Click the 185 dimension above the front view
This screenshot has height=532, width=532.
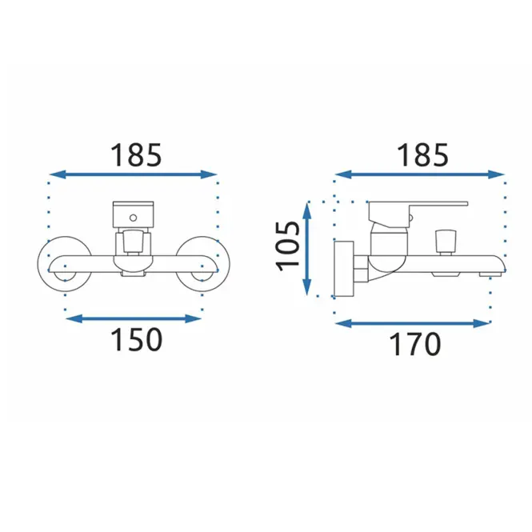click(136, 155)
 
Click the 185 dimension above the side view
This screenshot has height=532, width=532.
click(422, 155)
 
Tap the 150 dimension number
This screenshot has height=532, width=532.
click(136, 339)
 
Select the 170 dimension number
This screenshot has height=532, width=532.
click(415, 344)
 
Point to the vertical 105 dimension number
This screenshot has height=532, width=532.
click(288, 246)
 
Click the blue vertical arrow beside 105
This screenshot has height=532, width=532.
click(306, 248)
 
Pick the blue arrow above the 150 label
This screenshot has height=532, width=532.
click(134, 318)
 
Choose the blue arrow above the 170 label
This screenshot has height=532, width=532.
click(413, 323)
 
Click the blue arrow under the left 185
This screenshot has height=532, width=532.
click(133, 174)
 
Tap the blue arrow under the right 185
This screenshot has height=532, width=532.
click(420, 174)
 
